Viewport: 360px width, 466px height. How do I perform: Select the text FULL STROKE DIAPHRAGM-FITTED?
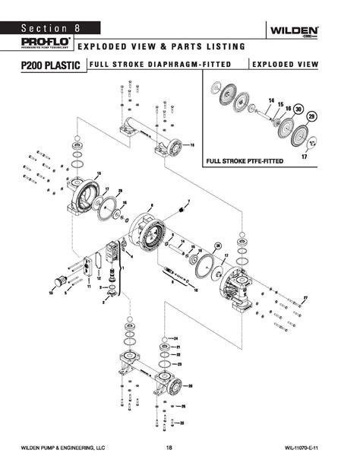(x=159, y=65)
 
